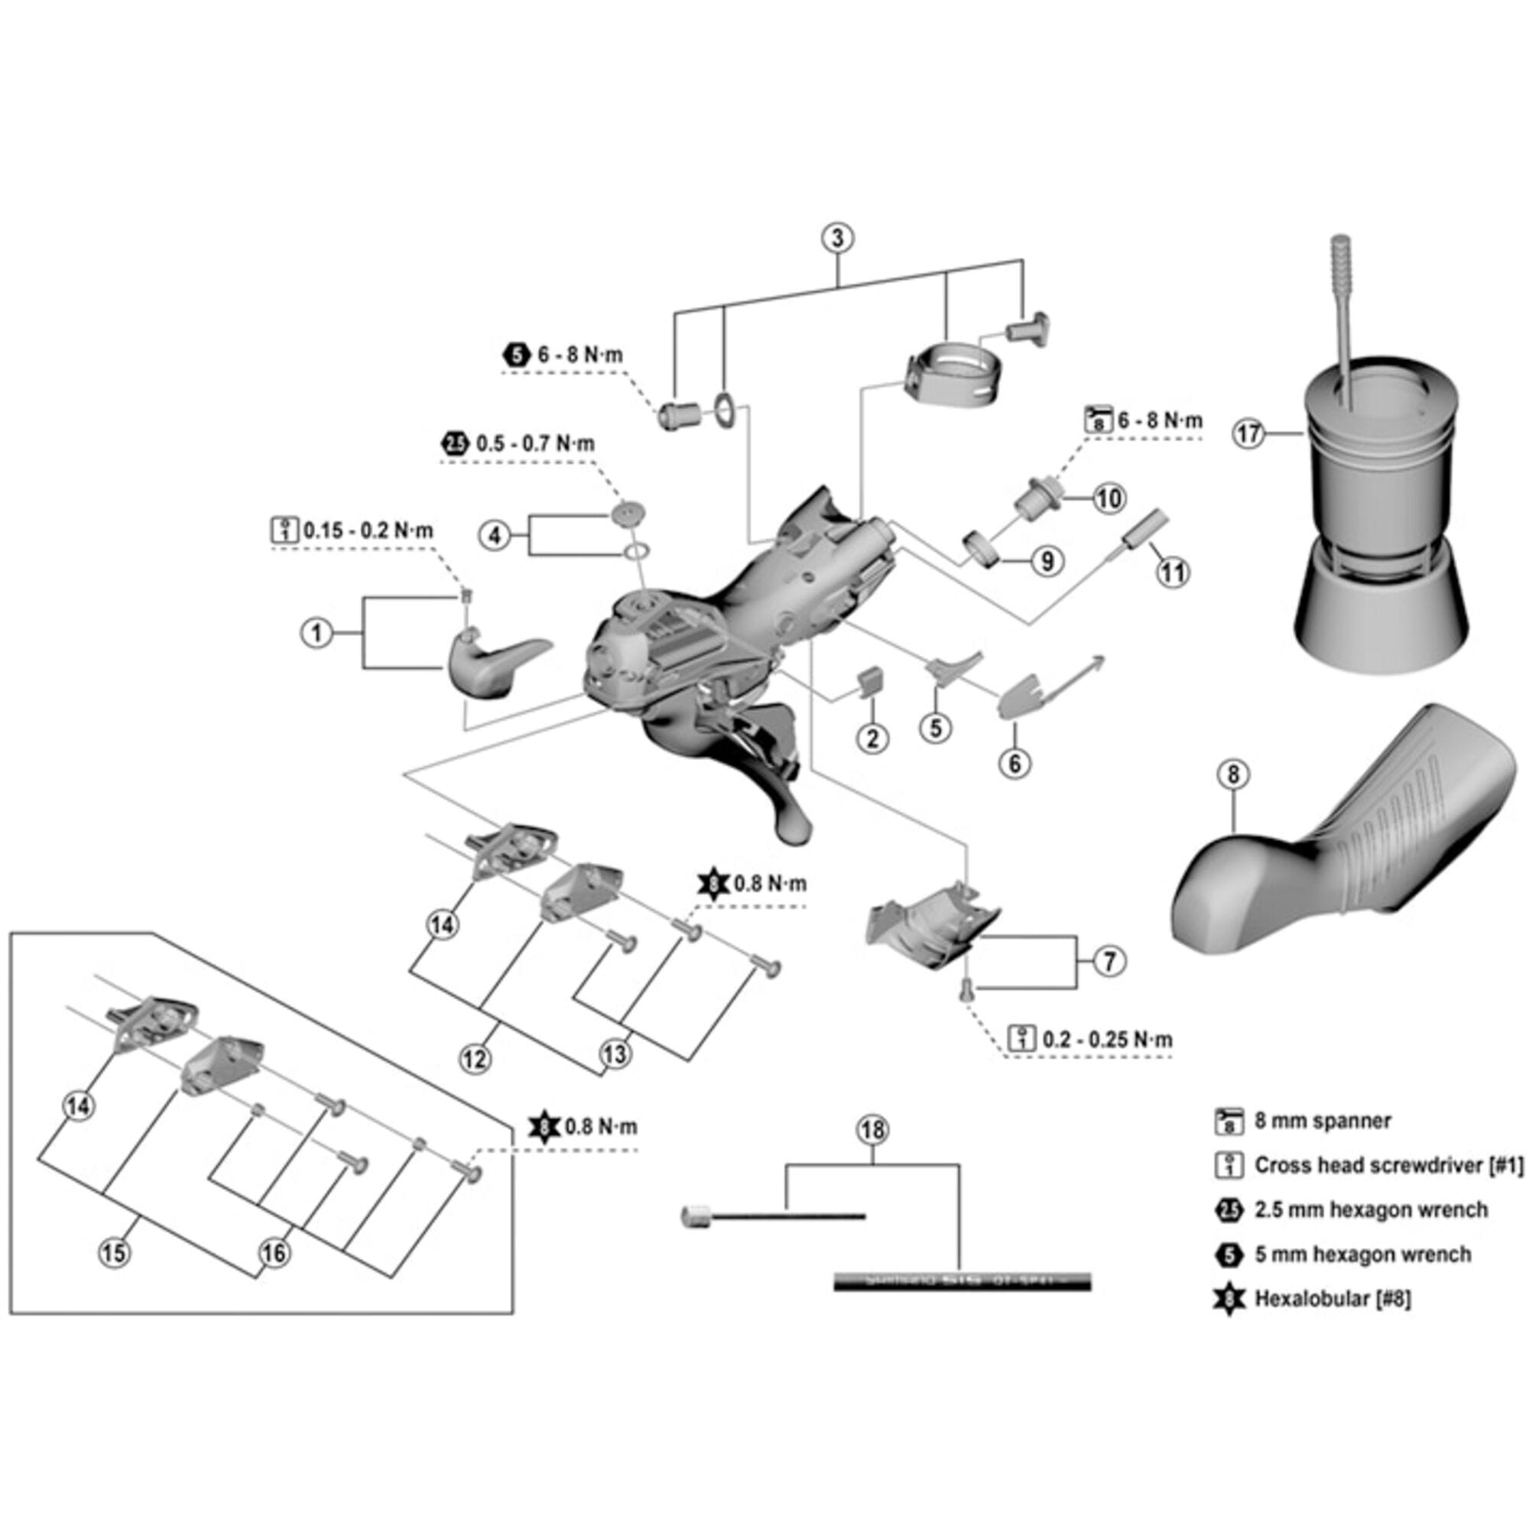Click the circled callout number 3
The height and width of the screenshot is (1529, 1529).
click(838, 238)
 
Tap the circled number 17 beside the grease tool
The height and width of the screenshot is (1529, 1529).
click(1249, 433)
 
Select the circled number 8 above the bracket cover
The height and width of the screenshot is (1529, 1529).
click(1233, 774)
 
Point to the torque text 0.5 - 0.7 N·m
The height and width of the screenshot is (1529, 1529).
click(534, 444)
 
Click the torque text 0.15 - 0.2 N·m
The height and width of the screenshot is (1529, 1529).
click(368, 531)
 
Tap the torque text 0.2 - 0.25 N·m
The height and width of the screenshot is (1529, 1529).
click(1106, 1039)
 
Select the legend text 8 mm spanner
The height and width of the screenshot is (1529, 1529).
click(1323, 1121)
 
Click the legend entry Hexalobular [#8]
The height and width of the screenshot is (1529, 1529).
click(1332, 1298)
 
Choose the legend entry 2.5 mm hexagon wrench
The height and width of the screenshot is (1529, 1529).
click(1371, 1210)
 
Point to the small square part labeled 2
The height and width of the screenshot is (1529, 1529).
click(871, 680)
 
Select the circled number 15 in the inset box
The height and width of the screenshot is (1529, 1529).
click(114, 1253)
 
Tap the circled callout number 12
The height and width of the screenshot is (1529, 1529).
click(476, 1059)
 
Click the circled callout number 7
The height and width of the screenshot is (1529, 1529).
click(1109, 961)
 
